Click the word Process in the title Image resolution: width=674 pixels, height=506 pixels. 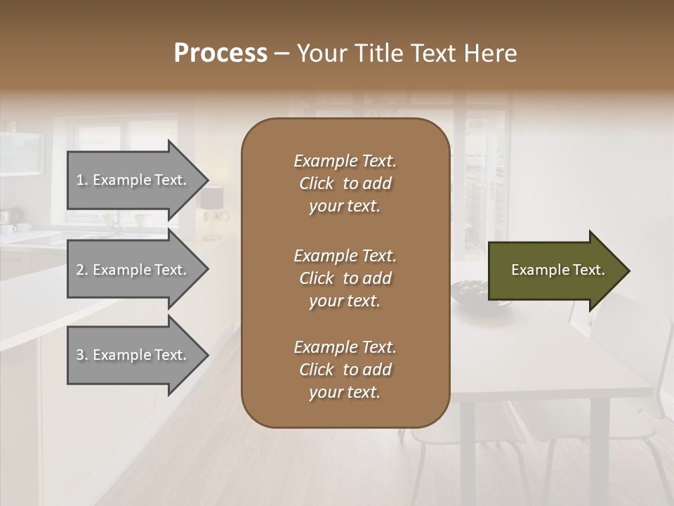[x=220, y=53]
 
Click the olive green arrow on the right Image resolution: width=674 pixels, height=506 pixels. [x=555, y=271]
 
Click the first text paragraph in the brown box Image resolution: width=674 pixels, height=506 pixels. [x=345, y=183]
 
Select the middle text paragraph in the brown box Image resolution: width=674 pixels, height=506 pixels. [x=345, y=278]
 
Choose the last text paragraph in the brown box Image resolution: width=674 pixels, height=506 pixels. [x=345, y=370]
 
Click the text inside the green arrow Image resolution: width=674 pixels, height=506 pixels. [x=557, y=270]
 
